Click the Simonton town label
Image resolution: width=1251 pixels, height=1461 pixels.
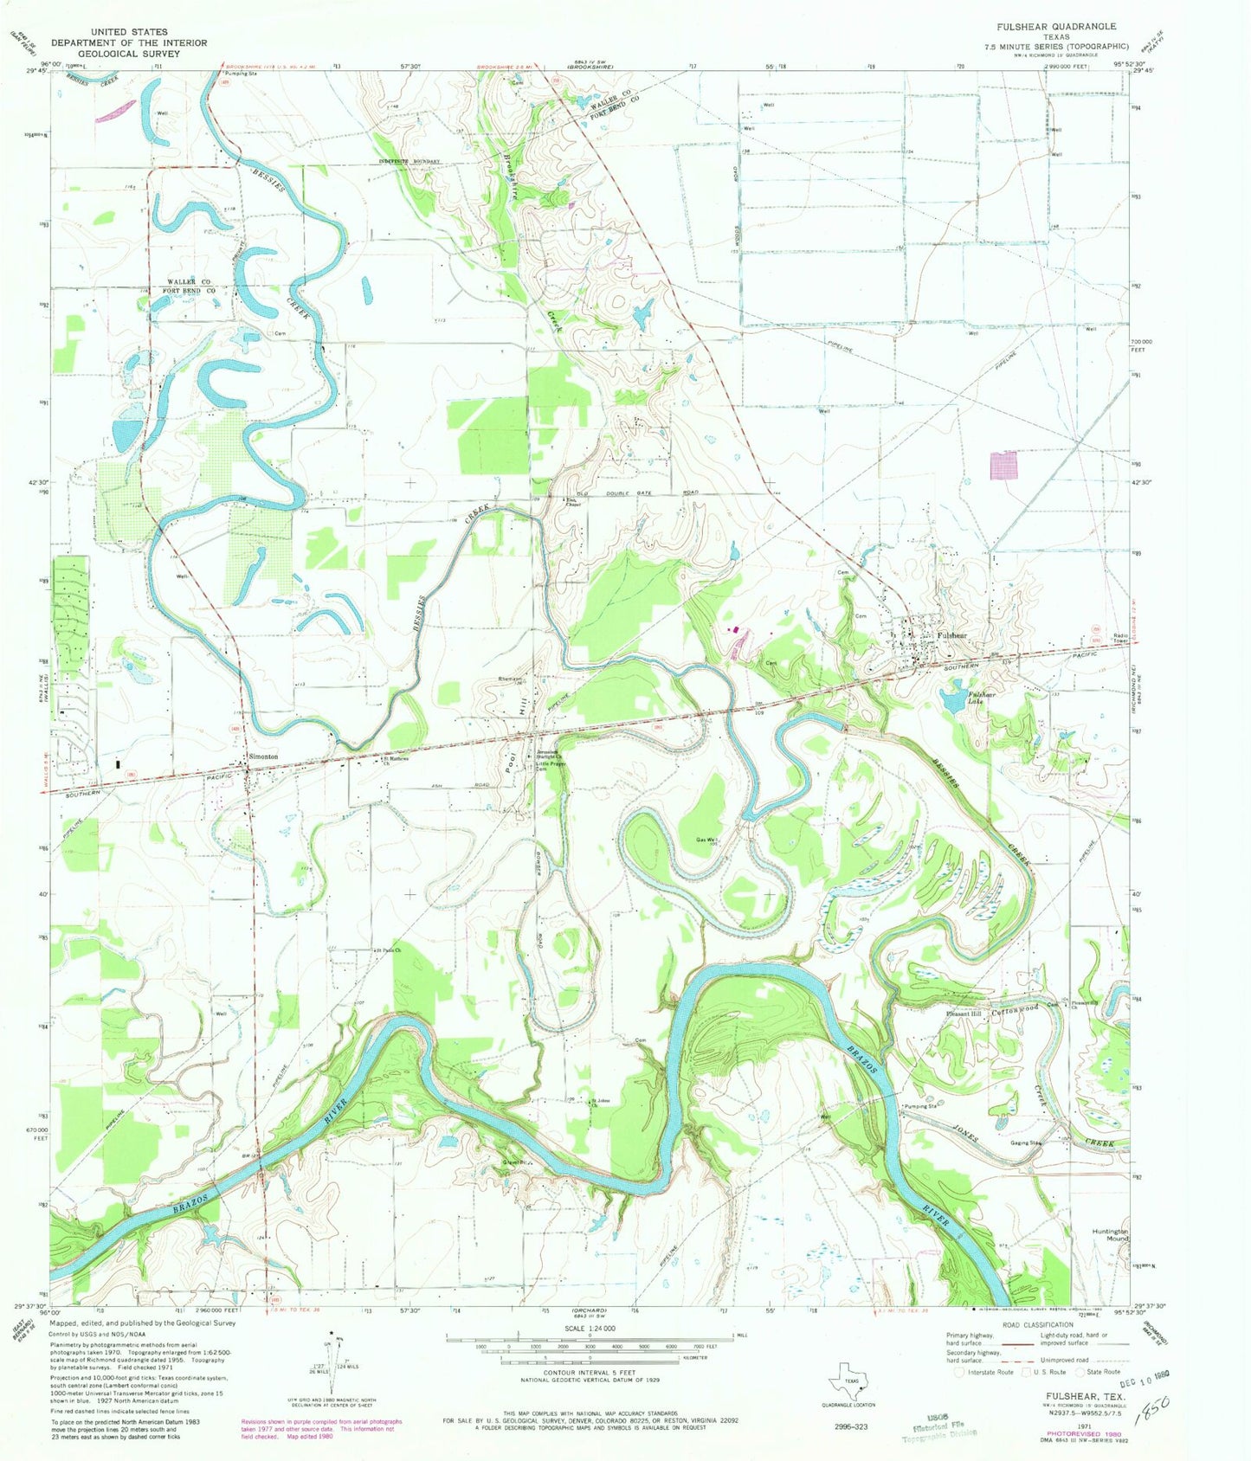point(263,756)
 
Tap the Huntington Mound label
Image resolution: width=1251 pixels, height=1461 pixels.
point(1111,1234)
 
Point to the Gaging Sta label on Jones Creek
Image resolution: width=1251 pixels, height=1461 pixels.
point(1026,1142)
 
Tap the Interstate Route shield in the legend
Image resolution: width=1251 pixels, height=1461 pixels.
point(958,1372)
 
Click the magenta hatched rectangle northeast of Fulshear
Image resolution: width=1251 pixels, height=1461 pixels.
point(1003,464)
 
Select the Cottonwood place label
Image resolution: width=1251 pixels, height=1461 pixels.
point(1015,1010)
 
